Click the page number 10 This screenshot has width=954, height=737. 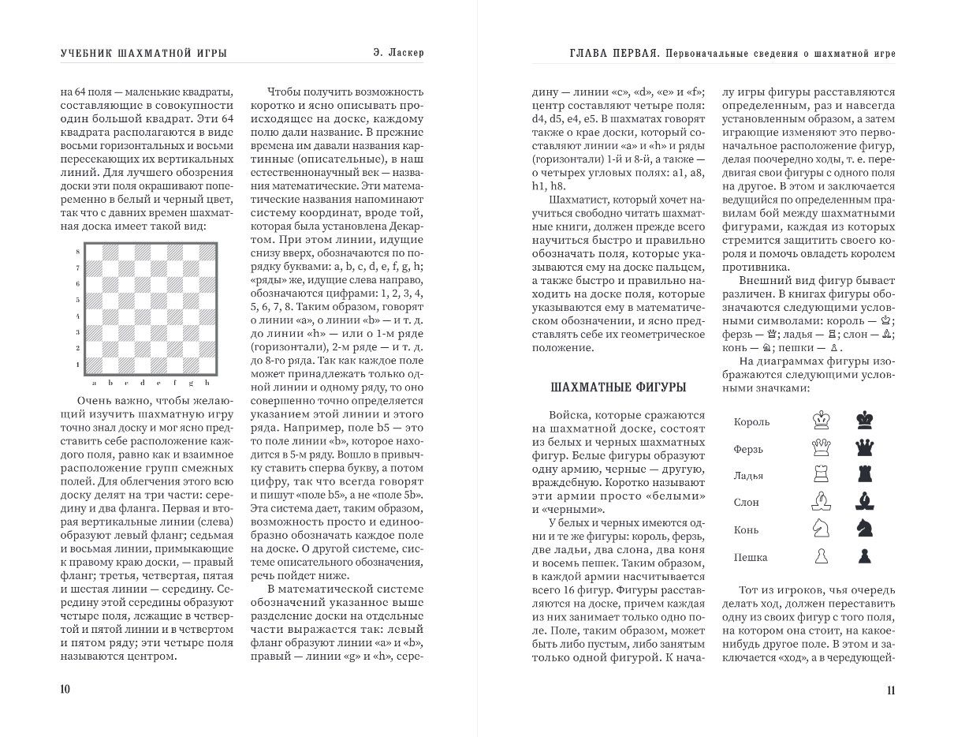[x=65, y=689]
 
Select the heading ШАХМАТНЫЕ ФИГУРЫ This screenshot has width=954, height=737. [x=617, y=387]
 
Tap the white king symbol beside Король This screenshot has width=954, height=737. [x=822, y=420]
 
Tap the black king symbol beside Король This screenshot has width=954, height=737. [x=865, y=420]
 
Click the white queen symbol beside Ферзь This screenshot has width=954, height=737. [x=822, y=447]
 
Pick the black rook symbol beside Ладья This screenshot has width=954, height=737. [x=865, y=474]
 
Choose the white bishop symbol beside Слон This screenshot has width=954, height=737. [x=822, y=501]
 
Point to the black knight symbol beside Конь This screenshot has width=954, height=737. [x=865, y=529]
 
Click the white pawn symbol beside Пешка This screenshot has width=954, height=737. [x=822, y=556]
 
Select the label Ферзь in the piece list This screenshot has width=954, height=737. [x=749, y=449]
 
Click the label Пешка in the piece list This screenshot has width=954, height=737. [x=751, y=557]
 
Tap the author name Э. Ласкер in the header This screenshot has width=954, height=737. [x=400, y=53]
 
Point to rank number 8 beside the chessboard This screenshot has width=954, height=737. [x=76, y=251]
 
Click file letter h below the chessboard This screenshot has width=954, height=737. [x=207, y=383]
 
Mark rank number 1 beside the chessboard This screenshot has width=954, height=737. [x=76, y=365]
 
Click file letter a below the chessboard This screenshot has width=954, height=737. [x=94, y=383]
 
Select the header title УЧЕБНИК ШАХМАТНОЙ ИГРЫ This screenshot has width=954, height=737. [x=144, y=53]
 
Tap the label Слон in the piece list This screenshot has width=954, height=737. [x=746, y=503]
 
